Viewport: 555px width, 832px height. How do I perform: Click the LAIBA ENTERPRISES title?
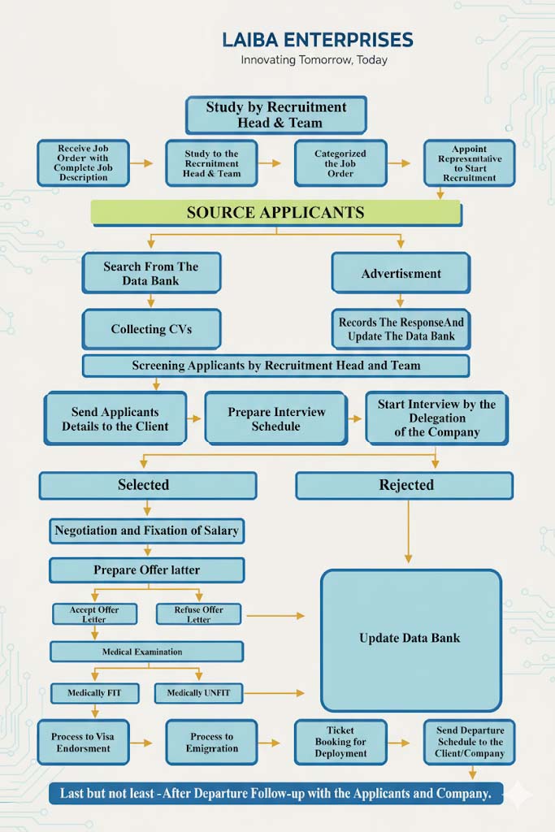point(317,40)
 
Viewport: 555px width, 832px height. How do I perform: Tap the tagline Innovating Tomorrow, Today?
point(314,60)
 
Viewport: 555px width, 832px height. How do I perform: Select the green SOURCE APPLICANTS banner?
point(275,213)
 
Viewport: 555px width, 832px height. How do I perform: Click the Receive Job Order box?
point(83,163)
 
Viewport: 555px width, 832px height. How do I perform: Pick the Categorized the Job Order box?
point(340,163)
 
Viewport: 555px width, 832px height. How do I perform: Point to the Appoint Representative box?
point(469,163)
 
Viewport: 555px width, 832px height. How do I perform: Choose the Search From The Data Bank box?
point(151,273)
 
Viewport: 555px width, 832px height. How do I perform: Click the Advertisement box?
point(401,274)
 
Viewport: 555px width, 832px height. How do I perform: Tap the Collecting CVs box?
point(151,329)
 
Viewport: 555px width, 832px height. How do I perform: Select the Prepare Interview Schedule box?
point(275,419)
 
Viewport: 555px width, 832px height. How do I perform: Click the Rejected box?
point(405,485)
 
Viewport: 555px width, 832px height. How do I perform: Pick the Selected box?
point(144,485)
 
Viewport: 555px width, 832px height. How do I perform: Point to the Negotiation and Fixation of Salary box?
point(146,531)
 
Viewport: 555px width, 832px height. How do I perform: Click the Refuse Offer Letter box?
point(198,614)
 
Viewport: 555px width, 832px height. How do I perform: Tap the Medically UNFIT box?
point(198,693)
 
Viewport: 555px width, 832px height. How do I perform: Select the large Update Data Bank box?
point(410,639)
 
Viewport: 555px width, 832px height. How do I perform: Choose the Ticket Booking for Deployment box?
point(340,742)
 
